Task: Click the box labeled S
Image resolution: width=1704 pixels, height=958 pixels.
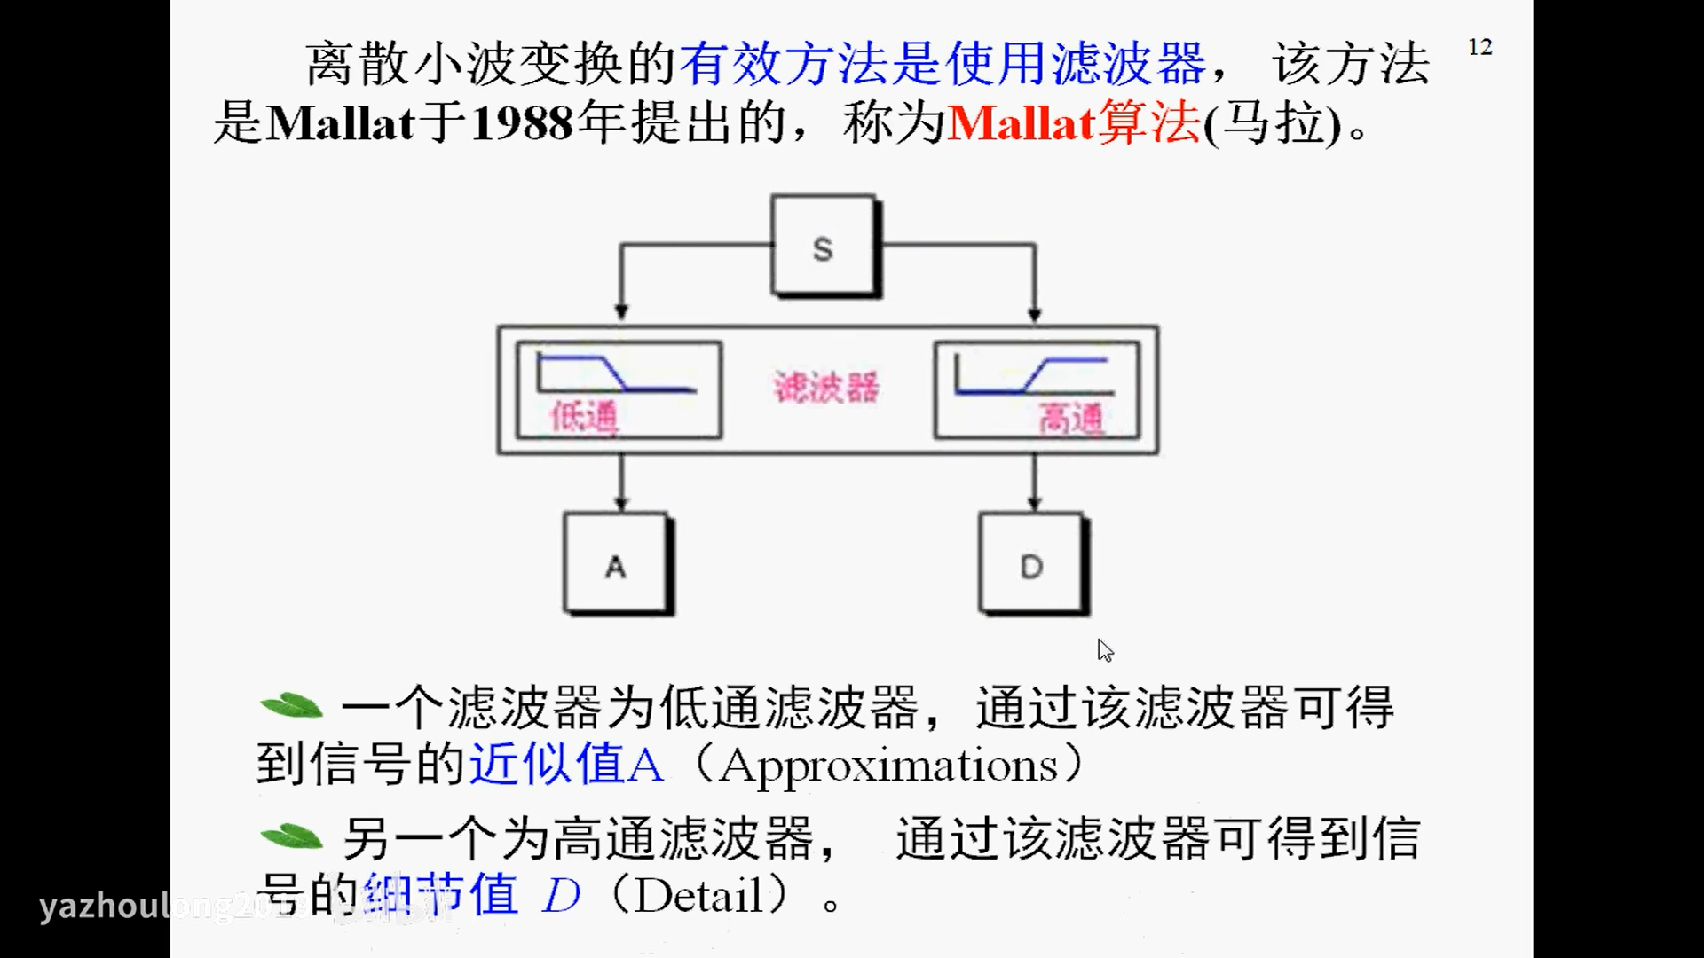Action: point(824,247)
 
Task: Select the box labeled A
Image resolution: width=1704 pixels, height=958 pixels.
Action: point(616,564)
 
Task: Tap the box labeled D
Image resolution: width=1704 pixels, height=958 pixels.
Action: point(1031,564)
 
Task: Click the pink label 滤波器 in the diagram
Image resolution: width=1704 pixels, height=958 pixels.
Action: point(825,388)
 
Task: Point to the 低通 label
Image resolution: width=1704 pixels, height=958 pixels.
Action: point(583,416)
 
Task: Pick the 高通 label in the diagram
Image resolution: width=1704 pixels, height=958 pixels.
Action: point(1071,418)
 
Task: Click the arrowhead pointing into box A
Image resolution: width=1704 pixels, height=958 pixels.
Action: point(621,504)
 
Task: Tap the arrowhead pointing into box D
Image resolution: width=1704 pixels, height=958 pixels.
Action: point(1035,504)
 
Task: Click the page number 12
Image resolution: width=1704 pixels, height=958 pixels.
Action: point(1479,47)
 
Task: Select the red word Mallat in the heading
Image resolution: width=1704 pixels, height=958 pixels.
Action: point(1021,122)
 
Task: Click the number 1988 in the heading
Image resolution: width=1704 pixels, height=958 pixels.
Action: point(522,122)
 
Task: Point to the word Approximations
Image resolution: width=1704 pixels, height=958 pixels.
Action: point(888,766)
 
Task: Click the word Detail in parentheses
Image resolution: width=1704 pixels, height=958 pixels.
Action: point(698,895)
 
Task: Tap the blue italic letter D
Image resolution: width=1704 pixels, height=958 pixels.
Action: point(561,895)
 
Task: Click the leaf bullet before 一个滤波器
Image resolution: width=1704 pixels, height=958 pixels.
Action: point(291,706)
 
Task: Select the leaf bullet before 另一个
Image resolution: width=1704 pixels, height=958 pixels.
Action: point(291,836)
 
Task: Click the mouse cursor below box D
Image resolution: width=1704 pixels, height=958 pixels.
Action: point(1104,650)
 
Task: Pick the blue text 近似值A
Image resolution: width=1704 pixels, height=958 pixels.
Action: point(565,764)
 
